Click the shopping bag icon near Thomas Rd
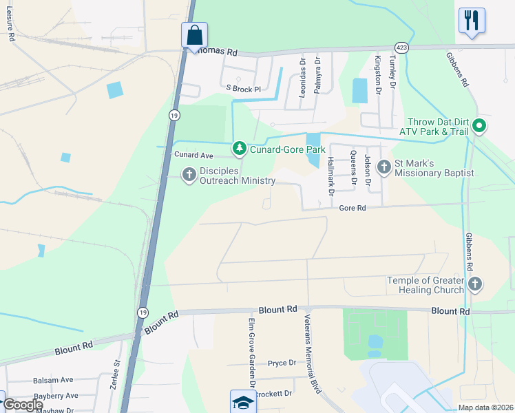[195, 34]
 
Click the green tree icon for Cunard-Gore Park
[239, 147]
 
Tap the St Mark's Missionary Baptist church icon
[383, 167]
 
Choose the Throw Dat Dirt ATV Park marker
[481, 125]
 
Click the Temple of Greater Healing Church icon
[474, 284]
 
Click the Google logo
[22, 405]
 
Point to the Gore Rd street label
[351, 207]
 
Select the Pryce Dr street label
[282, 363]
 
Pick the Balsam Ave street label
[53, 380]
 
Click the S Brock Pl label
[244, 89]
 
